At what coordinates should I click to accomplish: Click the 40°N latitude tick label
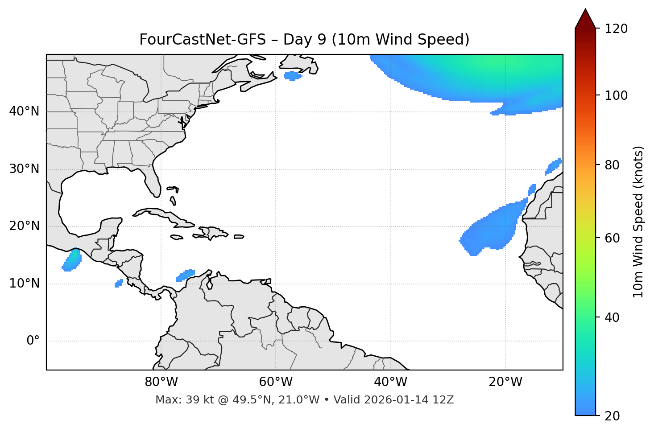[24, 111]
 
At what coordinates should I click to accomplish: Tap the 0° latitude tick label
[33, 341]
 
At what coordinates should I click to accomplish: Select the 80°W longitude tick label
[161, 382]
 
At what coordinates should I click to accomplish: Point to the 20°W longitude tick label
[505, 382]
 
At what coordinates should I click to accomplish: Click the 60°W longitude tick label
[276, 382]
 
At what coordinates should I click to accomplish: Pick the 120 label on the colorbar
[617, 29]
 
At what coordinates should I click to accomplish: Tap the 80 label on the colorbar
[613, 165]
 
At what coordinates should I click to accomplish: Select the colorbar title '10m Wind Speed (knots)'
[638, 222]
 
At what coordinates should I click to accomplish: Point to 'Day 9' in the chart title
[305, 40]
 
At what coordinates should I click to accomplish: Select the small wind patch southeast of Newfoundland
[293, 76]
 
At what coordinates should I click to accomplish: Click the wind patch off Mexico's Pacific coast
[71, 261]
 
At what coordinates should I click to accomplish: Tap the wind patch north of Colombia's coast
[186, 275]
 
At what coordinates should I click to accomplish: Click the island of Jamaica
[177, 237]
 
